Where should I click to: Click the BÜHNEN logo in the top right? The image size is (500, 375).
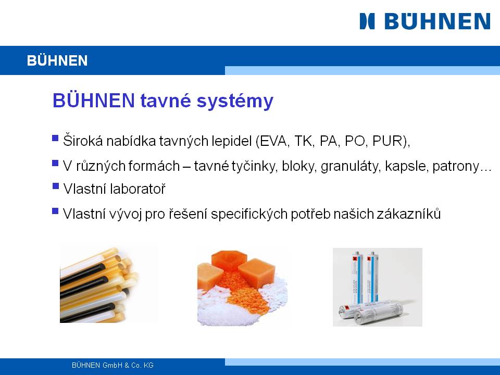coord(425,21)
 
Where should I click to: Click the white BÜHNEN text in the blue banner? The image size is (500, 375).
coord(57,60)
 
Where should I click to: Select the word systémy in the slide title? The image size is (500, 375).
coord(235,102)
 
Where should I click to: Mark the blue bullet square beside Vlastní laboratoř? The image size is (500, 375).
coord(56,185)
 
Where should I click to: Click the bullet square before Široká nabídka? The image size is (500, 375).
coord(55,138)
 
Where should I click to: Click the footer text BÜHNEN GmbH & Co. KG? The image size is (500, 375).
coord(113,366)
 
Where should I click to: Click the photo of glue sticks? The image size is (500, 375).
coord(99,285)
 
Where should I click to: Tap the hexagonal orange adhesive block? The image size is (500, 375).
coord(229,260)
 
